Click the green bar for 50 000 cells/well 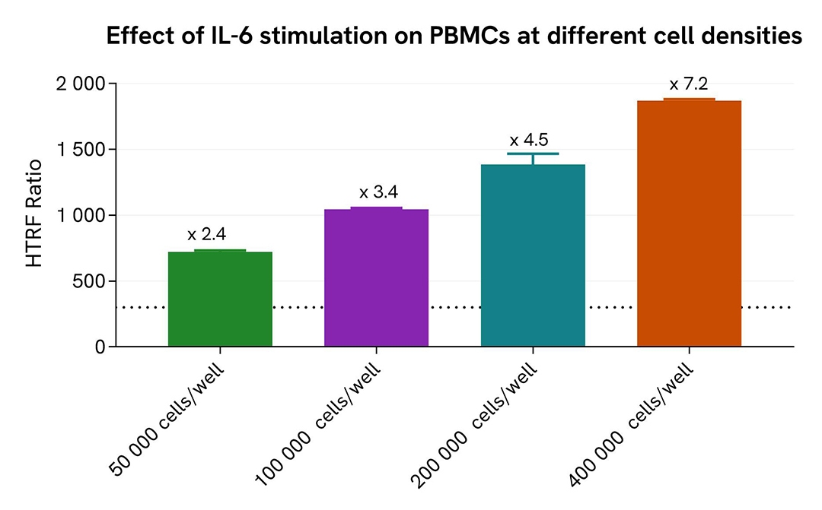coord(220,299)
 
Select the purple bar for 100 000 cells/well coord(376,278)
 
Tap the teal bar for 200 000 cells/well coord(533,255)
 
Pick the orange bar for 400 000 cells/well coord(689,223)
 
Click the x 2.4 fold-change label coord(207,233)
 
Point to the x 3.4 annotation coord(378,192)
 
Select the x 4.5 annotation coord(529,141)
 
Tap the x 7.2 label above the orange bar coord(689,84)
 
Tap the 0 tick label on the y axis coord(100,347)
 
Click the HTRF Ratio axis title coord(34,215)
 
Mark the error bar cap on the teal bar coord(533,154)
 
